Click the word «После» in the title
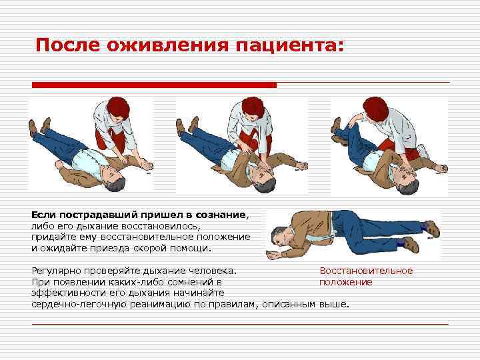pyautogui.click(x=67, y=45)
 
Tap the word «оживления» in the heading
pyautogui.click(x=168, y=45)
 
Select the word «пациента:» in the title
pyautogui.click(x=289, y=45)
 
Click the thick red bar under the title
pyautogui.click(x=154, y=85)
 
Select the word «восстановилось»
pyautogui.click(x=159, y=226)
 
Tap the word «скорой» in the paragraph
pyautogui.click(x=148, y=248)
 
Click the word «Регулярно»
pyautogui.click(x=57, y=271)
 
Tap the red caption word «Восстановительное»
pyautogui.click(x=366, y=271)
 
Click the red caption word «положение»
pyautogui.click(x=346, y=282)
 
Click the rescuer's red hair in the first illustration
pyautogui.click(x=119, y=107)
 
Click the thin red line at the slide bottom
pyautogui.click(x=240, y=323)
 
